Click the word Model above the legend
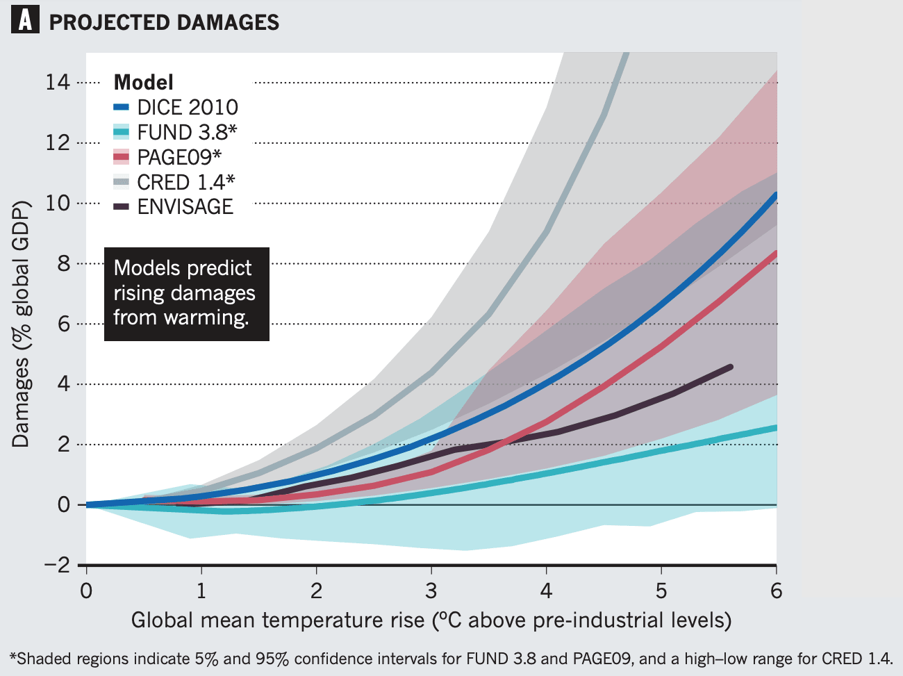coord(143,83)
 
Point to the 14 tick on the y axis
coord(58,83)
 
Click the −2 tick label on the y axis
coord(58,565)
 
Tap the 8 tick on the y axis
coord(63,263)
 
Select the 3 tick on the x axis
coord(431,591)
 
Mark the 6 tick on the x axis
coord(776,591)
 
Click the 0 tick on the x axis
coord(86,591)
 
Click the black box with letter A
coord(25,21)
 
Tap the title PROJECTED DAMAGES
coord(164,22)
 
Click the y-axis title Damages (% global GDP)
coord(21,324)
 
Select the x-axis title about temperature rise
coord(431,620)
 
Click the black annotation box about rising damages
coord(186,294)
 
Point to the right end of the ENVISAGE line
coord(730,366)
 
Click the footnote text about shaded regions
coord(451,659)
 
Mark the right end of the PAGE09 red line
coord(774,254)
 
